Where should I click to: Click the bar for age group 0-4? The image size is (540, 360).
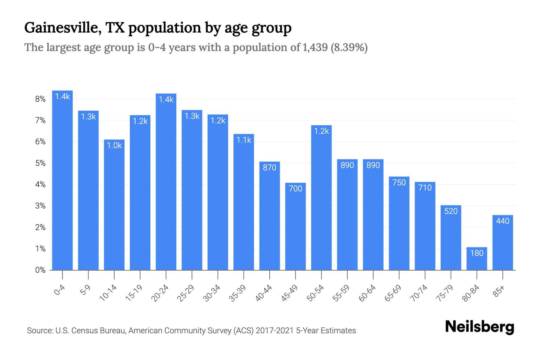pyautogui.click(x=62, y=180)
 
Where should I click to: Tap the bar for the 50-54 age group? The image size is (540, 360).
pyautogui.click(x=321, y=198)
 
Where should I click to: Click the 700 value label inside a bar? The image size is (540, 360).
pyautogui.click(x=295, y=189)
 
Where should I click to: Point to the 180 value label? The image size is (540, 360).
pyautogui.click(x=477, y=253)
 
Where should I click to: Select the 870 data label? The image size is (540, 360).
pyautogui.click(x=269, y=168)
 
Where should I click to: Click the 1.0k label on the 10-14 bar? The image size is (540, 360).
pyautogui.click(x=114, y=145)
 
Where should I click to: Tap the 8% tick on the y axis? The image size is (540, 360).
pyautogui.click(x=40, y=99)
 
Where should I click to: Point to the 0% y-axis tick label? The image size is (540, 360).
pyautogui.click(x=40, y=270)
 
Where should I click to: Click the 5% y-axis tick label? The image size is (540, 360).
pyautogui.click(x=40, y=163)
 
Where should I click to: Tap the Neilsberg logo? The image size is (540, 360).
pyautogui.click(x=479, y=327)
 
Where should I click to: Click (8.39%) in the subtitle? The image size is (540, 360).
pyautogui.click(x=349, y=47)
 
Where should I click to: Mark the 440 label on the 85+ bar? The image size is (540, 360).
pyautogui.click(x=502, y=221)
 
